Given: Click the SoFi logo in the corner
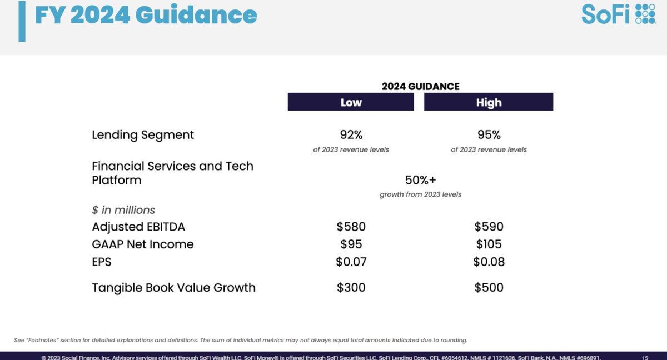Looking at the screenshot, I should click(x=618, y=14).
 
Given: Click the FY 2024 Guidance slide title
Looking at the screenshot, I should click(x=146, y=15).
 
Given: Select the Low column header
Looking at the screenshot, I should click(x=351, y=102).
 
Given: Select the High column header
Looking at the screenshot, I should click(x=489, y=102).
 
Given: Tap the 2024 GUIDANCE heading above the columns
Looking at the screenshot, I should click(x=420, y=86).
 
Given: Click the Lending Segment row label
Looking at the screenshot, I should click(x=143, y=135).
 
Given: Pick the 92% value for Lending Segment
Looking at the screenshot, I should click(x=351, y=135).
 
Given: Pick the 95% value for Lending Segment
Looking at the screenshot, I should click(x=489, y=135).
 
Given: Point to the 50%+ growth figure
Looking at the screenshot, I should click(x=420, y=180).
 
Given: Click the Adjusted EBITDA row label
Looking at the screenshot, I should click(x=138, y=227).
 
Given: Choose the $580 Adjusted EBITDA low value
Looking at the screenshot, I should click(x=351, y=227).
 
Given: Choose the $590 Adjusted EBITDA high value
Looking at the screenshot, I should click(x=489, y=227).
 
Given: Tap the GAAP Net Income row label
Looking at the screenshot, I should click(x=143, y=244).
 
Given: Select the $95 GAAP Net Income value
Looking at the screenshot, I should click(x=351, y=244).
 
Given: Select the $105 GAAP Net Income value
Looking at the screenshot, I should click(x=489, y=244).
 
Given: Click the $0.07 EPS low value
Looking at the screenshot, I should click(x=351, y=262).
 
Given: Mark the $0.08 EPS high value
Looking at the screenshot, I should click(x=489, y=262).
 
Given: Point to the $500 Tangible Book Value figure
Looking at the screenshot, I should click(x=489, y=288).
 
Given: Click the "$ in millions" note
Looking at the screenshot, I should click(x=123, y=210).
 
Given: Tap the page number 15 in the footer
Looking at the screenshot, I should click(x=644, y=357).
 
